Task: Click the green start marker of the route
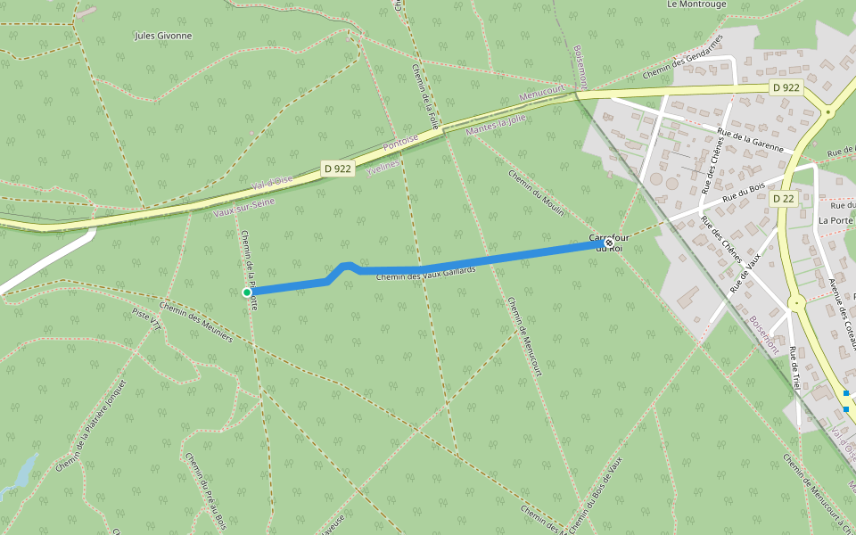(247, 292)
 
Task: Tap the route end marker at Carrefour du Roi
(609, 243)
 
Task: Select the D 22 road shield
(783, 198)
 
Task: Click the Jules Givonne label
(162, 36)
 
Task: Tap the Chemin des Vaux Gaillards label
(426, 274)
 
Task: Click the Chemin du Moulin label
(537, 193)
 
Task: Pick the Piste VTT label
(146, 319)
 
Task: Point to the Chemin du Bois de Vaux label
(595, 495)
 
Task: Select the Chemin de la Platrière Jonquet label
(92, 426)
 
